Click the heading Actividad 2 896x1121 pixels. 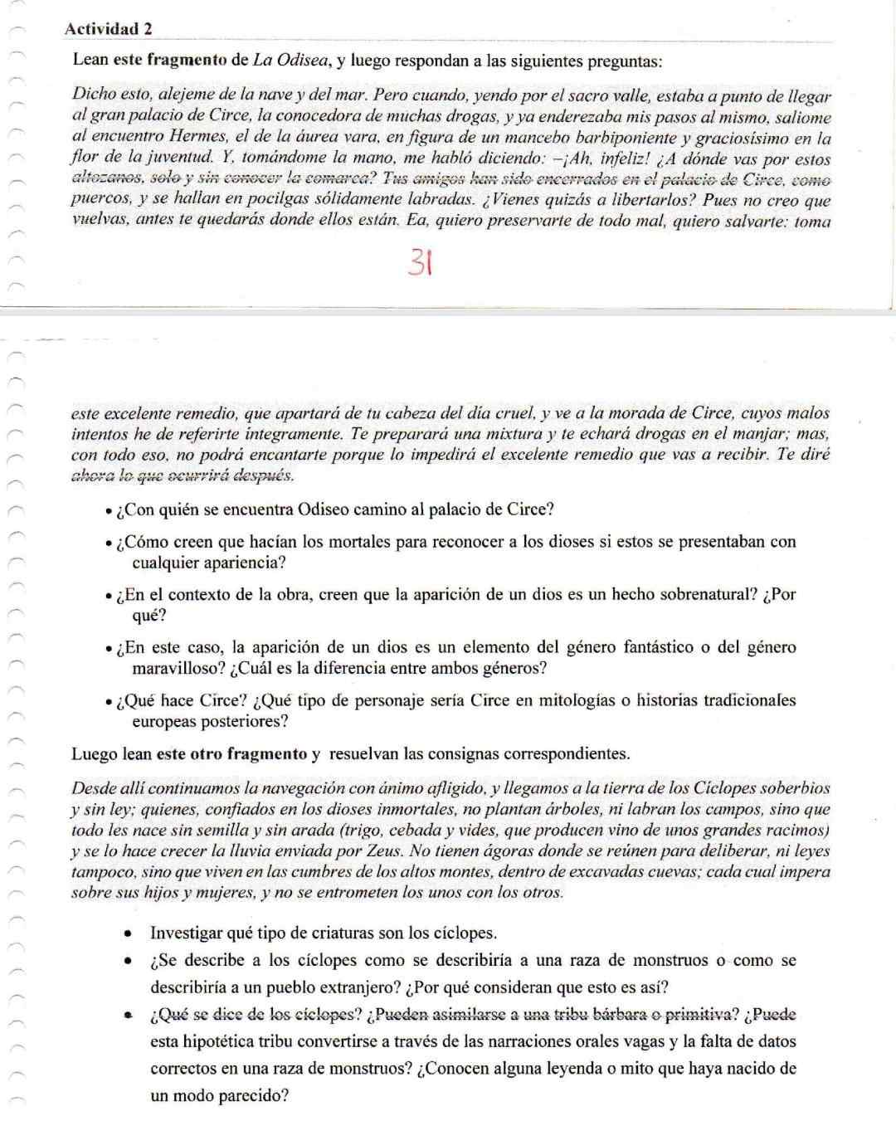click(108, 29)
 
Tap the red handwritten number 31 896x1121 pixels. click(421, 265)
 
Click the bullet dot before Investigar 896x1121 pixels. click(129, 933)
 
